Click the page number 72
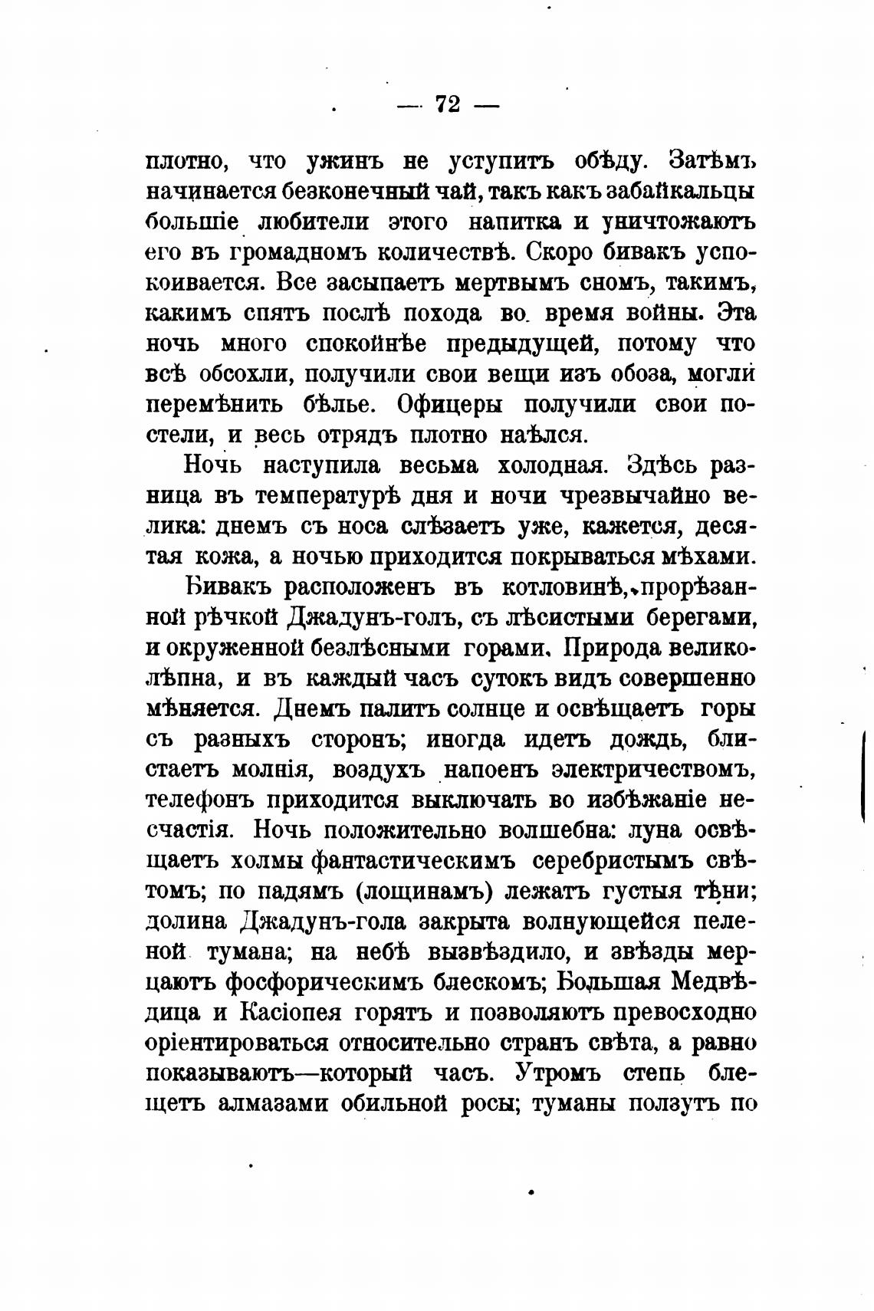pyautogui.click(x=448, y=104)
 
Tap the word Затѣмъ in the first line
pyautogui.click(x=713, y=161)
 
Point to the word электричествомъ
pyautogui.click(x=648, y=768)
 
